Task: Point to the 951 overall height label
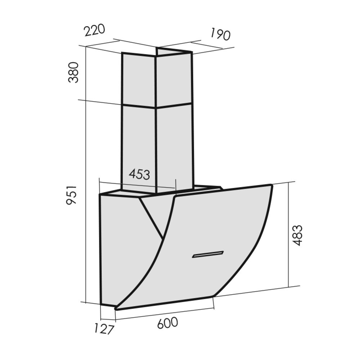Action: coord(71,195)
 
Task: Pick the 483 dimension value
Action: coord(297,235)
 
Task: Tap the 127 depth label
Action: coord(104,329)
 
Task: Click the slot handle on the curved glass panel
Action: coord(208,255)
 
